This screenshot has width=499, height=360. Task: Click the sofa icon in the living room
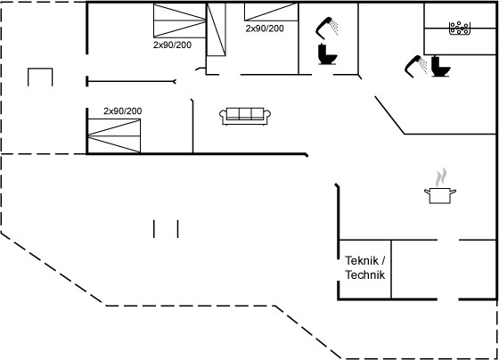[245, 116]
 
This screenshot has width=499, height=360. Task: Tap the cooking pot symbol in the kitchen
[440, 195]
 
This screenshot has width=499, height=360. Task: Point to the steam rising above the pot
[441, 177]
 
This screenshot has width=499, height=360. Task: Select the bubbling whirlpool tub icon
[460, 28]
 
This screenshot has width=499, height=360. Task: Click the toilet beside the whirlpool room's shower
[440, 66]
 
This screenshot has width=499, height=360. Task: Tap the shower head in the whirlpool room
[416, 66]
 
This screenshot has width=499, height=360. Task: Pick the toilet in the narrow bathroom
[327, 54]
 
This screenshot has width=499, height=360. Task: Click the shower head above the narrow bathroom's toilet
[327, 28]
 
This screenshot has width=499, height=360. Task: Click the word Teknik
[362, 261]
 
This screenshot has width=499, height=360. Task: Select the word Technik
[365, 274]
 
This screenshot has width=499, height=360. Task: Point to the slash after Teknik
[383, 261]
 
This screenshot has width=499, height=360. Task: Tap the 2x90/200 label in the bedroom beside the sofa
[123, 111]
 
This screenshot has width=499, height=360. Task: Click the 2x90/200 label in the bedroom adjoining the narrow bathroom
[265, 29]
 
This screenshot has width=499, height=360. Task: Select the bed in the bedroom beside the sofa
[114, 136]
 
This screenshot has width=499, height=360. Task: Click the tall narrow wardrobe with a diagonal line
[217, 29]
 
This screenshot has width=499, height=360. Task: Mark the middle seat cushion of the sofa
[245, 113]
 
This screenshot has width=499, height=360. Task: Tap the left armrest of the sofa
[223, 114]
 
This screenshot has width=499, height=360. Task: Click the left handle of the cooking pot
[427, 192]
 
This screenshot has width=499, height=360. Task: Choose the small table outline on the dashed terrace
[40, 77]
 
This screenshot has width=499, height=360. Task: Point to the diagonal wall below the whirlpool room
[390, 115]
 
